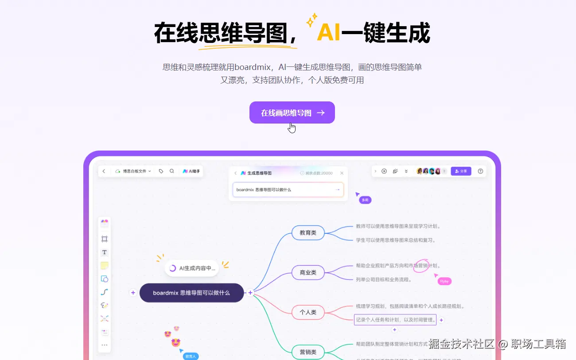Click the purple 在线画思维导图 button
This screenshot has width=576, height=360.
click(x=292, y=113)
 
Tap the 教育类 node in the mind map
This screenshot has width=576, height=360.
click(x=308, y=232)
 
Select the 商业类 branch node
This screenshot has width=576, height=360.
click(x=308, y=272)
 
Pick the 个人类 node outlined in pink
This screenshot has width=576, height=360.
click(x=308, y=312)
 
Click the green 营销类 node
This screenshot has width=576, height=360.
click(x=308, y=352)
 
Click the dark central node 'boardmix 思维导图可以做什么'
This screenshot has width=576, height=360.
click(x=191, y=293)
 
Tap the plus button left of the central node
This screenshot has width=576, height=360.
click(x=133, y=293)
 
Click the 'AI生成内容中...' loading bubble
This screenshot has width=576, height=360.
click(x=192, y=268)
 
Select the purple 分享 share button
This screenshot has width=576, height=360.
click(x=461, y=171)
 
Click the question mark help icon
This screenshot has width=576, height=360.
click(x=480, y=171)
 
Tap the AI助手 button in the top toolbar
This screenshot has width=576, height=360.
click(x=191, y=171)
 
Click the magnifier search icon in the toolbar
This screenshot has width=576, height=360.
click(x=172, y=171)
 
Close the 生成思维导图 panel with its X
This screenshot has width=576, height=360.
click(x=342, y=173)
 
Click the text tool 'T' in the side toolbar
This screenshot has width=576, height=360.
click(x=105, y=252)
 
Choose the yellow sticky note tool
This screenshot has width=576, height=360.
click(x=105, y=266)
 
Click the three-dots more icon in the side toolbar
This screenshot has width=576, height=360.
click(x=105, y=345)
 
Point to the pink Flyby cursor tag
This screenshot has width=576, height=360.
click(x=444, y=281)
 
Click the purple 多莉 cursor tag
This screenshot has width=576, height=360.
click(x=365, y=200)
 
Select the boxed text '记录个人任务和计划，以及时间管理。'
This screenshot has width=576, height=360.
click(x=395, y=319)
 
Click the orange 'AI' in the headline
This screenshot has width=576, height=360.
click(x=329, y=33)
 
